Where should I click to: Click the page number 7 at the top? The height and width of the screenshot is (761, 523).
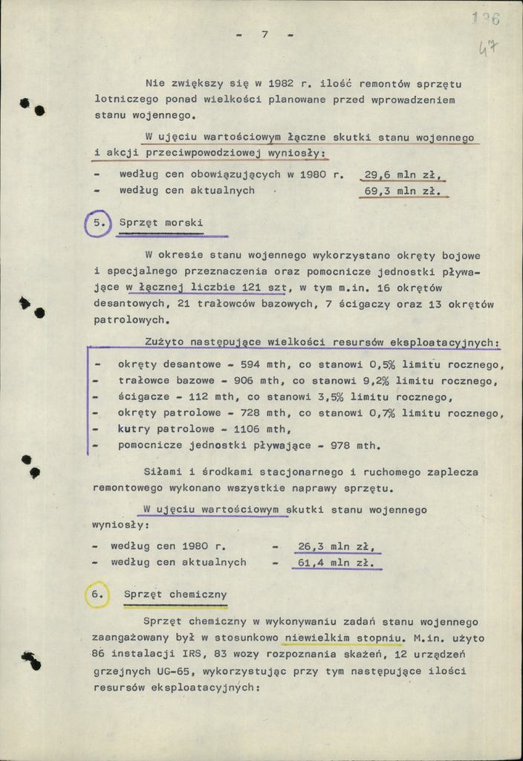pos(264,35)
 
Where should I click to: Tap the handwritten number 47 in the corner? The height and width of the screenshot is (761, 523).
pos(488,50)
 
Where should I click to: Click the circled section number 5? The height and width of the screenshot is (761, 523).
pos(97,223)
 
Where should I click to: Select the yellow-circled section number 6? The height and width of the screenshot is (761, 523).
pos(97,595)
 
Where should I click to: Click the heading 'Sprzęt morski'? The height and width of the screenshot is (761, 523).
pos(161,223)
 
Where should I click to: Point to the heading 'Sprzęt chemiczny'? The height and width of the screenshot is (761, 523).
pos(175,595)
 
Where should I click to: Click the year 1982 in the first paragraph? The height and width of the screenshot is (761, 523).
pos(261,82)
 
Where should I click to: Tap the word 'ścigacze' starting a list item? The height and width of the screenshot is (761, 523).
pos(143,398)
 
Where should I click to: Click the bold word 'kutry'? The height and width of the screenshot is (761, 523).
pos(134,430)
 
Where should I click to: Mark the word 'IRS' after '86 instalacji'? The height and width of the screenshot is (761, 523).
pos(187,655)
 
